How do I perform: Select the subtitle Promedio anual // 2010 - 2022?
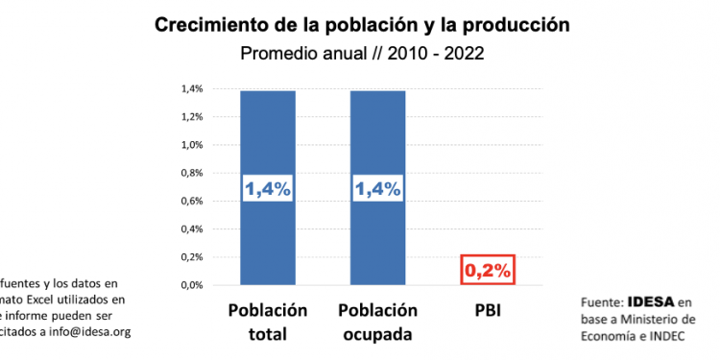point(360,54)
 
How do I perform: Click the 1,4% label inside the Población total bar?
point(268,189)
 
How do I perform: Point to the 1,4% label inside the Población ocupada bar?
point(378,189)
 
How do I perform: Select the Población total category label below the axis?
point(268,323)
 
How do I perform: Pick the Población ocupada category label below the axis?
point(378,323)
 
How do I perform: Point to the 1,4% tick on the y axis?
point(192,89)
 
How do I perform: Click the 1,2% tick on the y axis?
point(192,117)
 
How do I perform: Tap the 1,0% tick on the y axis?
point(192,145)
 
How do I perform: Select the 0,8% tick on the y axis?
point(192,173)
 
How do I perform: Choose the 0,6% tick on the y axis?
point(192,202)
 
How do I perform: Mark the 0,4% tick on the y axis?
point(192,229)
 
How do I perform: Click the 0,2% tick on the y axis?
point(192,257)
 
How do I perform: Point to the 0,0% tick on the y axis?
point(192,285)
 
